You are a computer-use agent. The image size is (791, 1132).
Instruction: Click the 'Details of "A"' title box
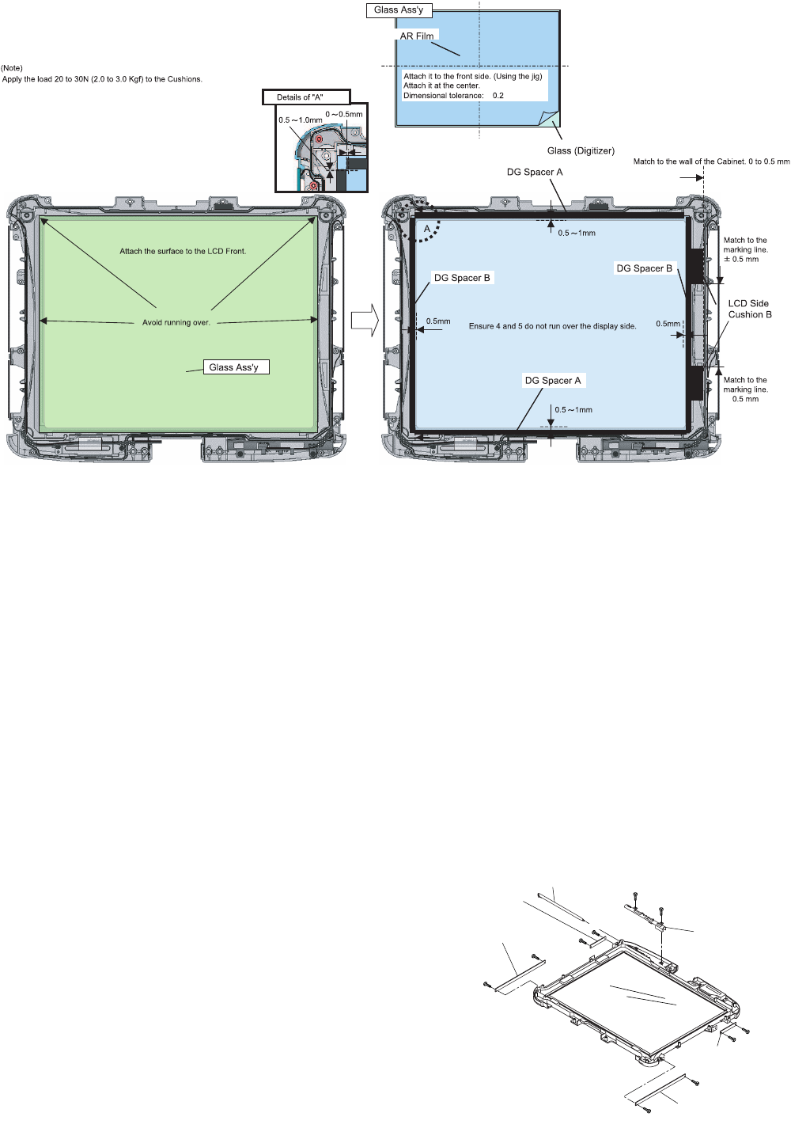point(306,97)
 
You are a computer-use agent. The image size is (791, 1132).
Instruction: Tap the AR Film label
point(417,36)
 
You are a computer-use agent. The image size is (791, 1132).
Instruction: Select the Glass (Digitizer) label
point(581,150)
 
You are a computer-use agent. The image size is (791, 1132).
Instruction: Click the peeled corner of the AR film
point(550,118)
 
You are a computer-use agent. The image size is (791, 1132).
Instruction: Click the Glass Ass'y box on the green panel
point(236,367)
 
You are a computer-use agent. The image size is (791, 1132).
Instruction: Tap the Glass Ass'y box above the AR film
point(399,10)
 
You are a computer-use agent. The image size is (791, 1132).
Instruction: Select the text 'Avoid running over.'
point(176,322)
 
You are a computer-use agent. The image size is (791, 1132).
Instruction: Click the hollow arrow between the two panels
point(365,320)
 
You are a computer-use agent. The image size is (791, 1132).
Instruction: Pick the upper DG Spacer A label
point(535,173)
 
